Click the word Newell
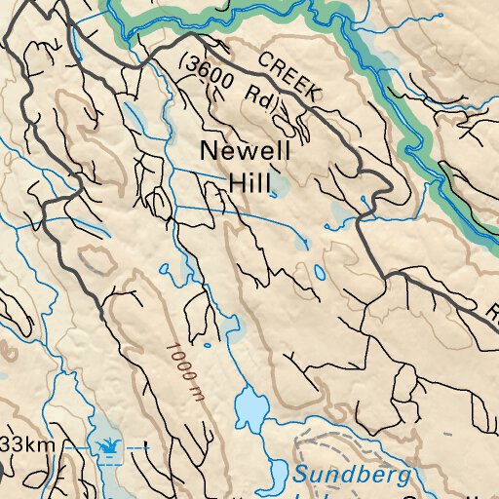pos(245,151)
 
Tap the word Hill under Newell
pos(249,181)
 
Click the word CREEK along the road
pos(289,76)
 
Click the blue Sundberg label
pos(353,476)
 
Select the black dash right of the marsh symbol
pos(146,445)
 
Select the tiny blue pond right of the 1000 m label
pos(233,323)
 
